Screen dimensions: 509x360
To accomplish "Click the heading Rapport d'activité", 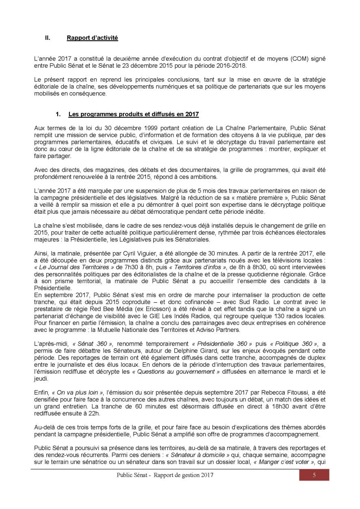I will (x=92, y=38).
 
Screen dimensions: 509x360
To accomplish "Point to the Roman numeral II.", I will (x=47, y=38).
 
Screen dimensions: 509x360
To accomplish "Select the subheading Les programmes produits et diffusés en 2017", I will (x=134, y=114).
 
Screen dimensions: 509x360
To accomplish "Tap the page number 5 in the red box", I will (x=314, y=475).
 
